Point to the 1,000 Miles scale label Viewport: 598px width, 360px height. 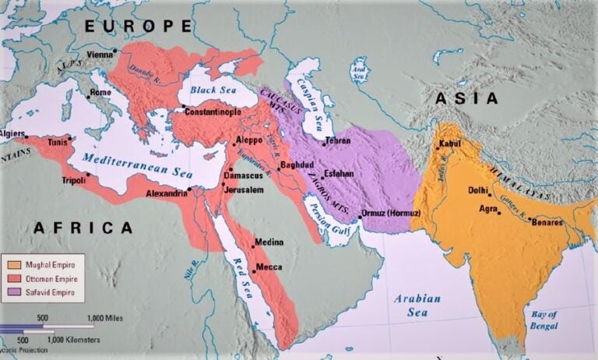coord(107,318)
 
